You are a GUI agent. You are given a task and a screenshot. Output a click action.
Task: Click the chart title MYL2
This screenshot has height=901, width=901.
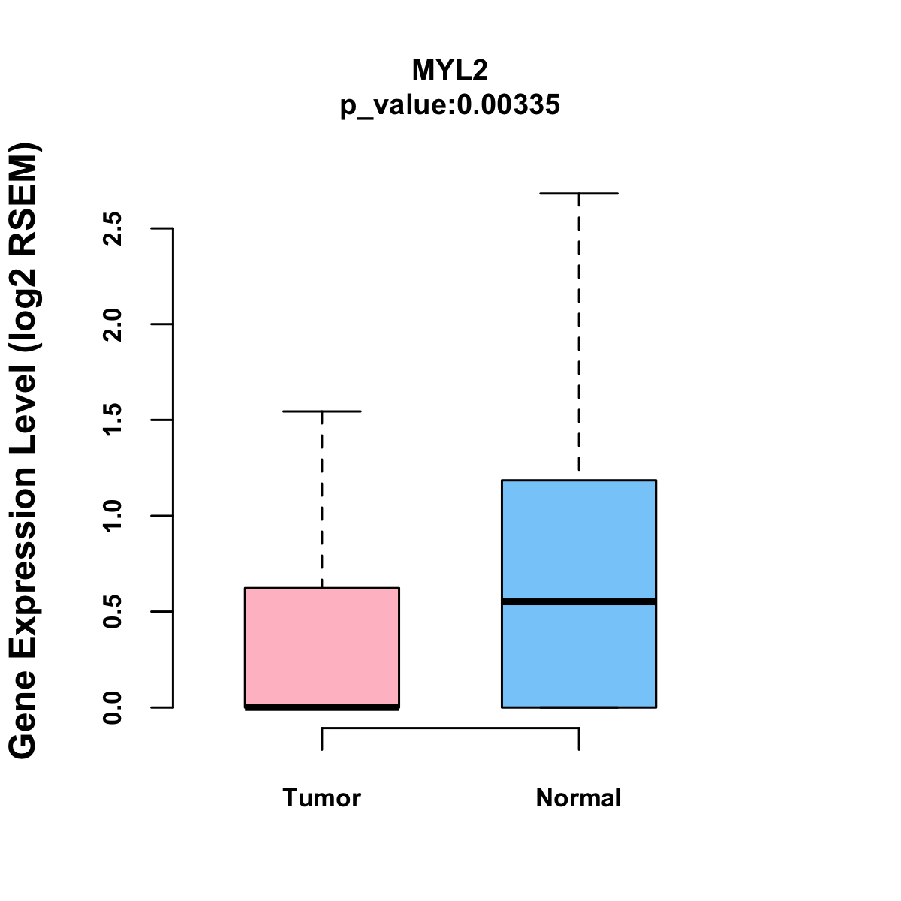click(x=450, y=71)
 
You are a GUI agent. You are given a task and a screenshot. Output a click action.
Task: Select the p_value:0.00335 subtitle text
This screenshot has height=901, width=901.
click(x=450, y=105)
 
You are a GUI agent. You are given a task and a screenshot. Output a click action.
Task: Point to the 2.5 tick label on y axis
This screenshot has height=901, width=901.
click(x=113, y=228)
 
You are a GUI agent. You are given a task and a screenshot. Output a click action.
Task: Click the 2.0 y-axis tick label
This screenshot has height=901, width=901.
click(x=113, y=324)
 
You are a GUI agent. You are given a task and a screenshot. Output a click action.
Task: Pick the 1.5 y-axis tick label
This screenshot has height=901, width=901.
click(x=113, y=420)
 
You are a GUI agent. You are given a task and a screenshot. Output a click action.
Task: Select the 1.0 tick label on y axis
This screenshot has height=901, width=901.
click(x=113, y=516)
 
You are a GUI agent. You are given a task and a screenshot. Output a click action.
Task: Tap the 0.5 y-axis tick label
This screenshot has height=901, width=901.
click(x=113, y=612)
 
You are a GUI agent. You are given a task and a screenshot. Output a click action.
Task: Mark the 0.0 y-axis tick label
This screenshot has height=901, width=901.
click(x=113, y=707)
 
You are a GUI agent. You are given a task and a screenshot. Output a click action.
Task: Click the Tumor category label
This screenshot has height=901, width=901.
click(x=322, y=798)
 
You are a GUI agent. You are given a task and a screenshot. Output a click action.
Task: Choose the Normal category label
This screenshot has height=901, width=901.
click(x=579, y=798)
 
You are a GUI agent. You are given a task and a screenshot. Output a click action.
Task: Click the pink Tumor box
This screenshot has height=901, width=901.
click(x=322, y=646)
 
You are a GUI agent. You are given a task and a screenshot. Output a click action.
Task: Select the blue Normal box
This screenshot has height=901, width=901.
click(x=579, y=541)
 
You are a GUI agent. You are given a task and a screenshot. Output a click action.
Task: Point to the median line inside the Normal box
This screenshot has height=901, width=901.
click(x=579, y=601)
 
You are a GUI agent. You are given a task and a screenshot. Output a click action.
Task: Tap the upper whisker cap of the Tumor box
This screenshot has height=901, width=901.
click(x=322, y=411)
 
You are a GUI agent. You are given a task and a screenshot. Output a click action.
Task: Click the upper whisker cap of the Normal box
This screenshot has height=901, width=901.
click(x=579, y=194)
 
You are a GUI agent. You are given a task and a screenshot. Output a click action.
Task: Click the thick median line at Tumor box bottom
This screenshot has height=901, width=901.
click(x=322, y=707)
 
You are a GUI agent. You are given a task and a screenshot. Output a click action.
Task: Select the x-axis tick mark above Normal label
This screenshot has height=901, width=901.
click(x=579, y=739)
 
